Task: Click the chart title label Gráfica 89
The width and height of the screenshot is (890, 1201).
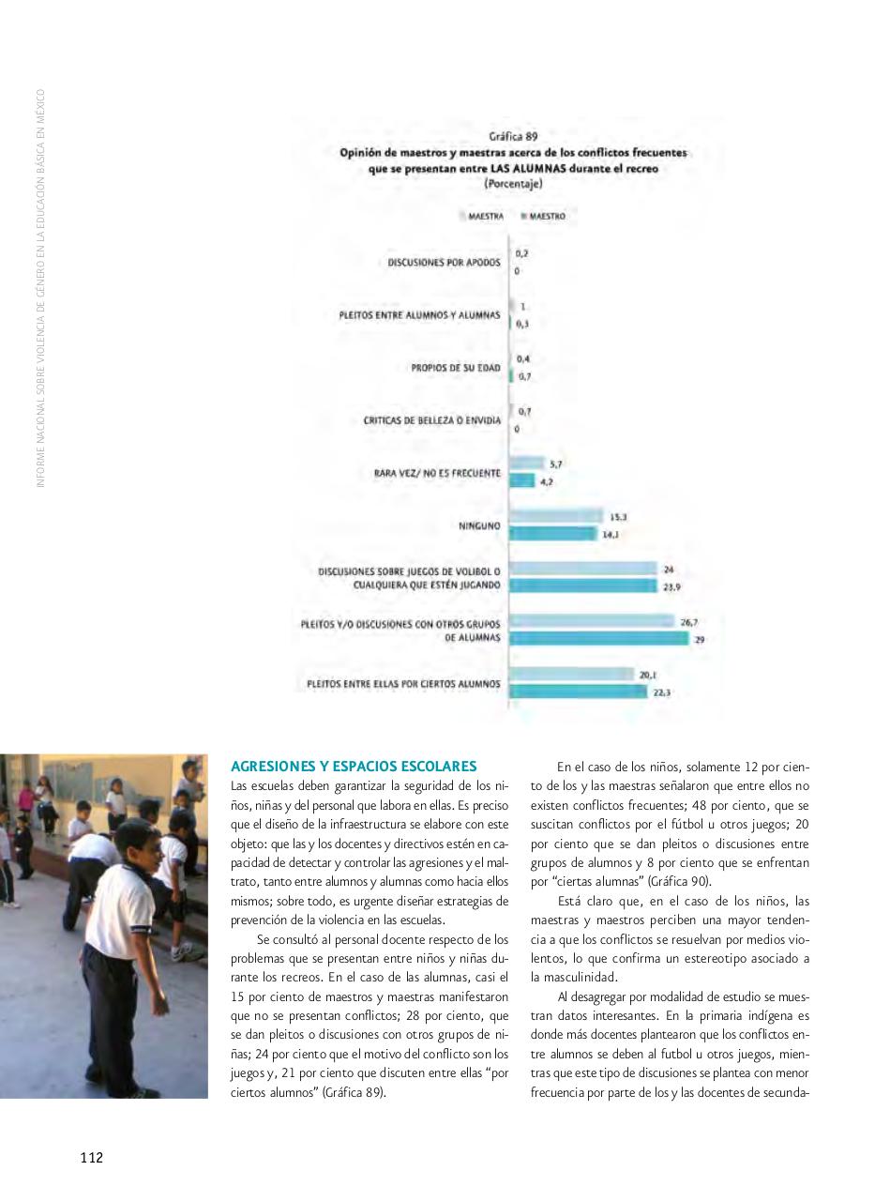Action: tap(512, 136)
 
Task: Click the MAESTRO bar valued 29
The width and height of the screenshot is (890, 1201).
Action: tap(598, 639)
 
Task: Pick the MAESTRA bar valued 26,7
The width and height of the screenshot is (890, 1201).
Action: tap(592, 621)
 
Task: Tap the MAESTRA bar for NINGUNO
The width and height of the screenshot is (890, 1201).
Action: tap(556, 516)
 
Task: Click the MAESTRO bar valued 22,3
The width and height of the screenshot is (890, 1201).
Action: tap(578, 692)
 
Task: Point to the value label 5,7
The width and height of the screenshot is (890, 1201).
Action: tap(556, 464)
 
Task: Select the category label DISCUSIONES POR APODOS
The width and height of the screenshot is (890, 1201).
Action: tap(444, 263)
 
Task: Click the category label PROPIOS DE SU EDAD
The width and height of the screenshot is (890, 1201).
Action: tap(455, 368)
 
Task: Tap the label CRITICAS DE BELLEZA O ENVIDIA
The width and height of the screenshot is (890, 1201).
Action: tap(431, 420)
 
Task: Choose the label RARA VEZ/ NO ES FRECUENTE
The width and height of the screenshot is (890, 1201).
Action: tap(436, 473)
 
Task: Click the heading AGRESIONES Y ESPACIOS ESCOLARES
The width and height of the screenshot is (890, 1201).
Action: tap(354, 767)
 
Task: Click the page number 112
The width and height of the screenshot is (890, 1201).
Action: tap(91, 1158)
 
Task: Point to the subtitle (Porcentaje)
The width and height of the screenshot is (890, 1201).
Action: tap(512, 184)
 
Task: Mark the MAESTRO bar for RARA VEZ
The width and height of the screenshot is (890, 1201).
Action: tap(522, 481)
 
